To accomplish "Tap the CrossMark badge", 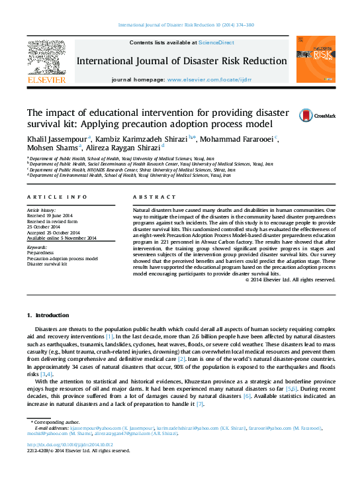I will [308, 115].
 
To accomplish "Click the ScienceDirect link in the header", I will [217, 42].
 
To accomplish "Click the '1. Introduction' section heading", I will [47, 314].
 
